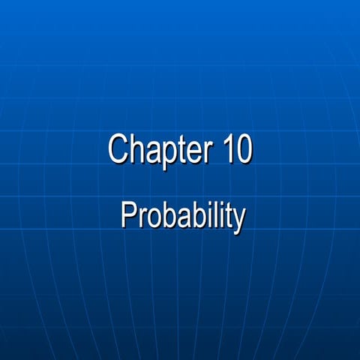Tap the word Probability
click(183, 217)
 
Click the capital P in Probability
click(128, 216)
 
